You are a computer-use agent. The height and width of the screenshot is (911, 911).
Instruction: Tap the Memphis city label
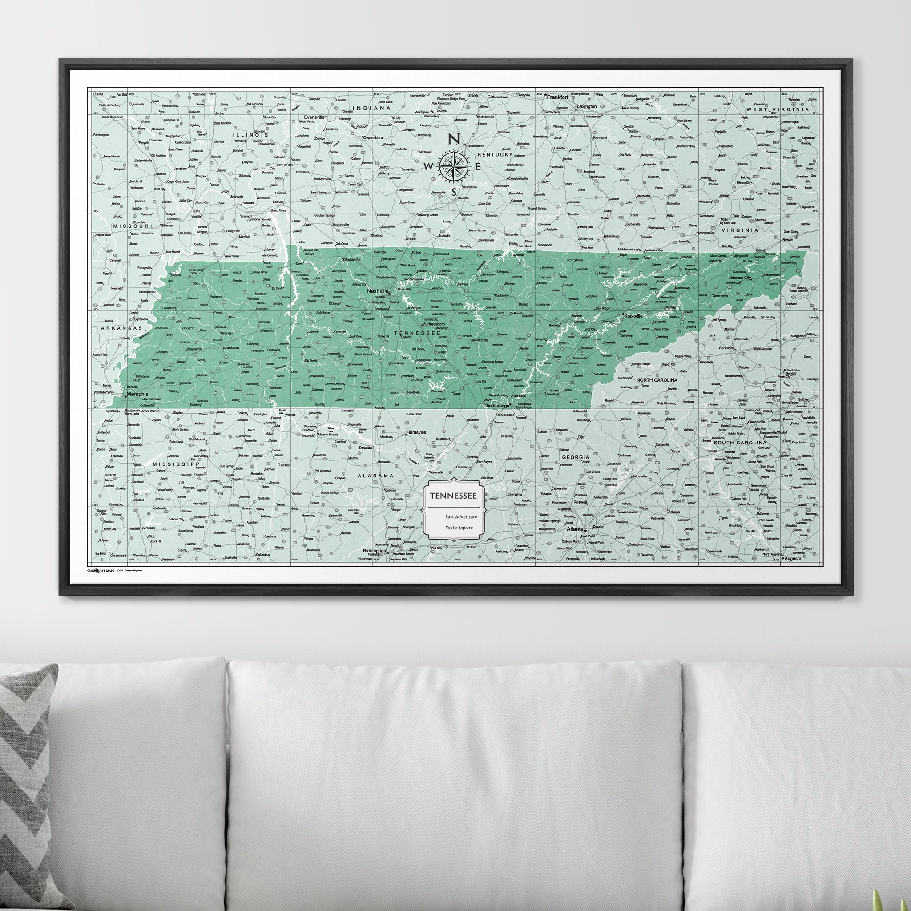[x=137, y=394]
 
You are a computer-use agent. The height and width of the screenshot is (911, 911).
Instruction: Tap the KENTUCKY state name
[x=494, y=155]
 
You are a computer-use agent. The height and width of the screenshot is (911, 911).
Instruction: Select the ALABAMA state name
[x=375, y=476]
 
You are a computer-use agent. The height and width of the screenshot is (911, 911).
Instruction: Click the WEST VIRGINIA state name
[x=777, y=109]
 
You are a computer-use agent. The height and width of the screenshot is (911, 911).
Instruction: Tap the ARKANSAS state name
[x=120, y=328]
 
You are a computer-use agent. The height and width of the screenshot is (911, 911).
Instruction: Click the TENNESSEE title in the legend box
[x=452, y=496]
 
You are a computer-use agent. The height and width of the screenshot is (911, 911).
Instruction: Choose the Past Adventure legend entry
[x=461, y=517]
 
